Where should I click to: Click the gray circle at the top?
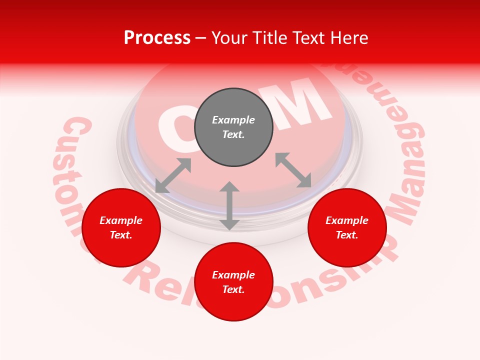233,127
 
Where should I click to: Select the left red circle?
121,228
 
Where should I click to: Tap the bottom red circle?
233,282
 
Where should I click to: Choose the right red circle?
347,228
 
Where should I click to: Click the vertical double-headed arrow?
229,205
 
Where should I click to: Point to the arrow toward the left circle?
173,175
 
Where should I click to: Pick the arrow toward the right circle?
293,170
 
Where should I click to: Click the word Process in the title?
157,38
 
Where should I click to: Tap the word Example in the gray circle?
233,120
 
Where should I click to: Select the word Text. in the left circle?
121,235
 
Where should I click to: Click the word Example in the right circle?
347,220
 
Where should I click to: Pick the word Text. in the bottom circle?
233,289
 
